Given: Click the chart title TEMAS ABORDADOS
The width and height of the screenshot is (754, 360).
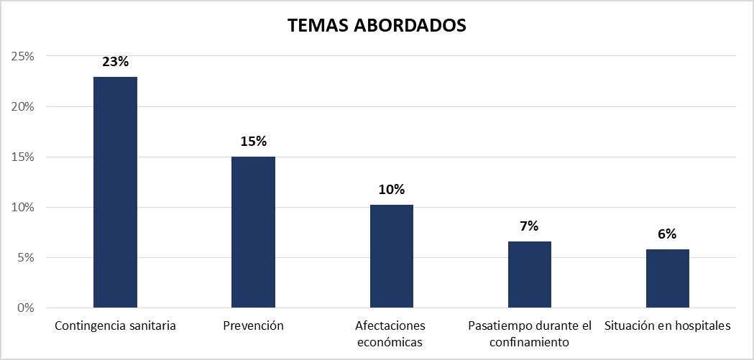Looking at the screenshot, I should [377, 25].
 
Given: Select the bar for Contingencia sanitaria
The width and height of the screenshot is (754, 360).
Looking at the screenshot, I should [115, 193].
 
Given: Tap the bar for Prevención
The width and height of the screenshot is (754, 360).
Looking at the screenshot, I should [253, 232].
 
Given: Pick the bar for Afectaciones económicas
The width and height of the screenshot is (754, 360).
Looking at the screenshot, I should [392, 257].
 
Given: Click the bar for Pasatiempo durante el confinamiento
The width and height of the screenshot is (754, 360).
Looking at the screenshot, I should [530, 274].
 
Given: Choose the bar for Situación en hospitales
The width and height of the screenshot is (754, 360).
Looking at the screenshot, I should [668, 279].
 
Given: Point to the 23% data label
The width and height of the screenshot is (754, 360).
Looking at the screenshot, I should [115, 62].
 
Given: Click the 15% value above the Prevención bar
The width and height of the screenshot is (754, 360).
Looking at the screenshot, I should [253, 142].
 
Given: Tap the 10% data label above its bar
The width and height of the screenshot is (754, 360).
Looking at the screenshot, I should [392, 190].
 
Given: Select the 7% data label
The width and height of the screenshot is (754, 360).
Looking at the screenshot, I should [530, 226].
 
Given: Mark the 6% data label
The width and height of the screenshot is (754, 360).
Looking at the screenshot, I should [668, 234].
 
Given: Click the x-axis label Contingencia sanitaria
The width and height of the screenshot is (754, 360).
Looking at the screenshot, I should [115, 326].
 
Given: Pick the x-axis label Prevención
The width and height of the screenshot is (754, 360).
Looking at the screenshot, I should [253, 326].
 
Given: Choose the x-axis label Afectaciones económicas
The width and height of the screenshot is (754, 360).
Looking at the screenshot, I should [392, 334].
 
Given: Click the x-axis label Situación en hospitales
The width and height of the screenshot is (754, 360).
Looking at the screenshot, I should [668, 326].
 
